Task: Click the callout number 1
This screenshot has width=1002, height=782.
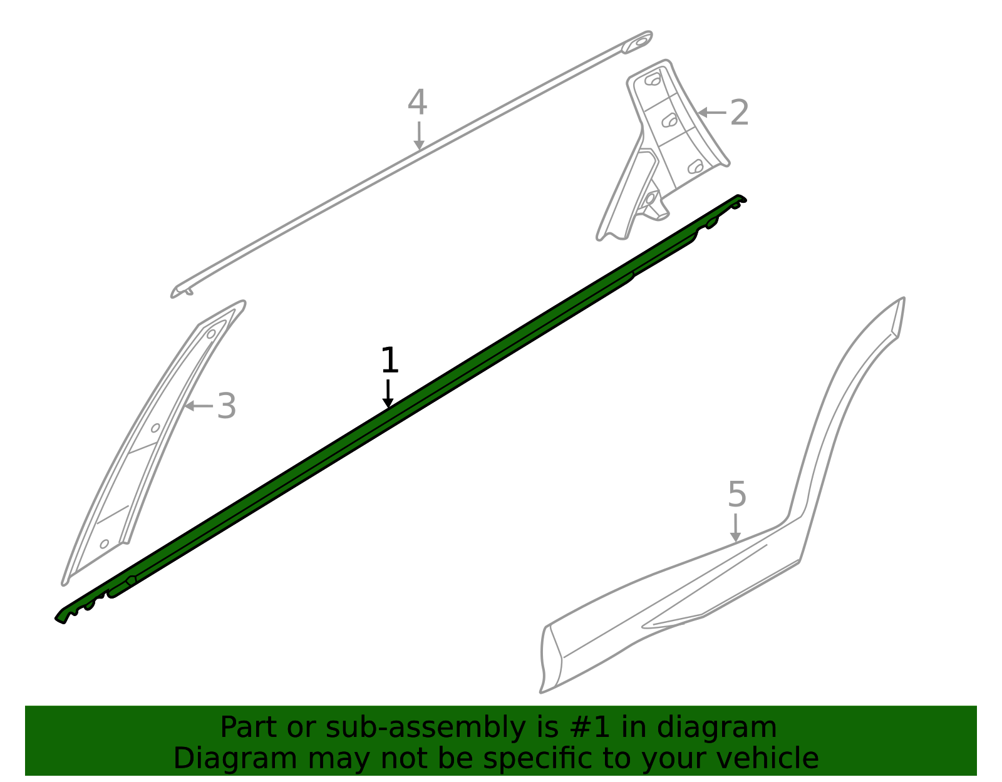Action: (390, 361)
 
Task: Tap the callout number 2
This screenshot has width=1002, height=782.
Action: (739, 113)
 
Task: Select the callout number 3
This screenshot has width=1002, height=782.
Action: (227, 406)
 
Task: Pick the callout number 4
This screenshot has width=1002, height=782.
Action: (417, 102)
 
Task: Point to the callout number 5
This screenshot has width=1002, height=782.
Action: (737, 494)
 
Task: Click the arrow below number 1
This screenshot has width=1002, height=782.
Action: (388, 394)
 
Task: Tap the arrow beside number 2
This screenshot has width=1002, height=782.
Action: (712, 113)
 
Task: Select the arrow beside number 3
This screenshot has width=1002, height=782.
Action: (199, 406)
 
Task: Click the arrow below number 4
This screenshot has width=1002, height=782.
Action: (419, 136)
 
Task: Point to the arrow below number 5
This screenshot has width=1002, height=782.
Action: (736, 528)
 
